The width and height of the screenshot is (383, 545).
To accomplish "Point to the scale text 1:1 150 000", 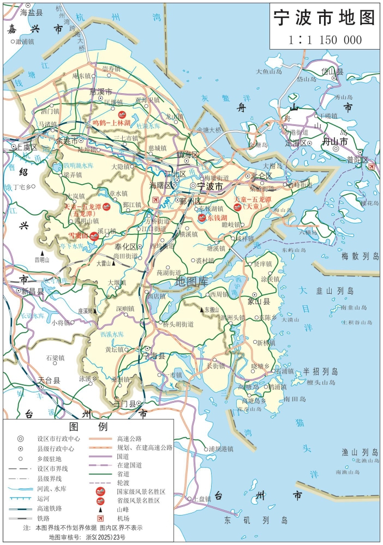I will pyautogui.click(x=325, y=39).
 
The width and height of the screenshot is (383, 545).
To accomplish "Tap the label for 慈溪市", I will pyautogui.click(x=100, y=91).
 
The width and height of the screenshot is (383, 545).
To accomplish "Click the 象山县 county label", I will pyautogui.click(x=259, y=300).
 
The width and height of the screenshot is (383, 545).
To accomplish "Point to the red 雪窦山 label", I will pyautogui.click(x=78, y=235).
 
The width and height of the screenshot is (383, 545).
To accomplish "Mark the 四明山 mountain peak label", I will pyautogui.click(x=42, y=259).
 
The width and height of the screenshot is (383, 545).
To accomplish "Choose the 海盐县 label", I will pyautogui.click(x=31, y=12).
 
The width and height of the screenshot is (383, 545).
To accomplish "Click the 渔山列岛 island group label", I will pyautogui.click(x=360, y=452).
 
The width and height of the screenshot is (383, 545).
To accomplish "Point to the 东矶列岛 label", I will pyautogui.click(x=255, y=520).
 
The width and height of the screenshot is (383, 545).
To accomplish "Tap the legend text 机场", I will pyautogui.click(x=123, y=518).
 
